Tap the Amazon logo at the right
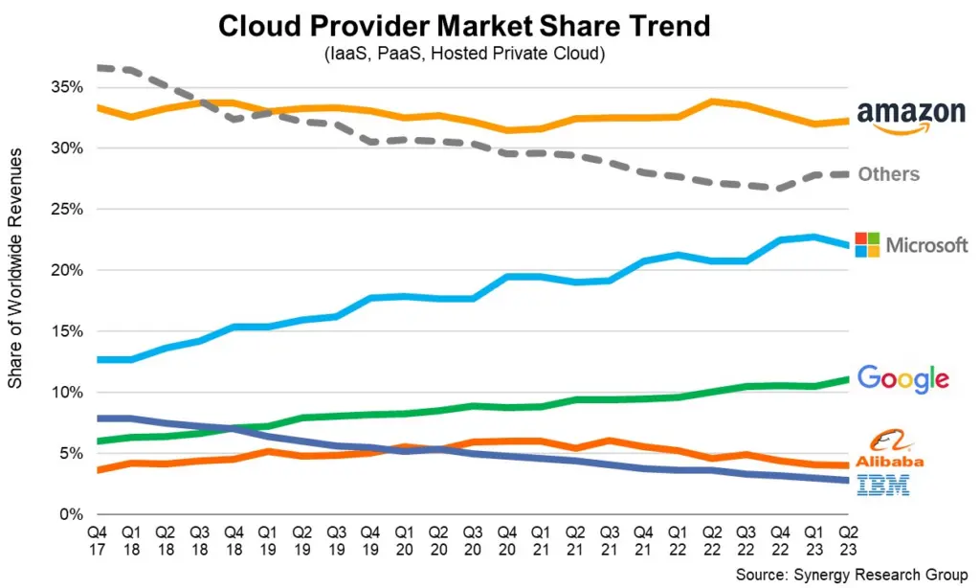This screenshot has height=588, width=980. tap(911, 116)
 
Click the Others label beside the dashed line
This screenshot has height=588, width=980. tap(888, 174)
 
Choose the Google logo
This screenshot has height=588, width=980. tap(902, 378)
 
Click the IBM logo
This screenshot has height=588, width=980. tap(883, 486)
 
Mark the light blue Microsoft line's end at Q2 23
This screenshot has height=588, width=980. tap(847, 245)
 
